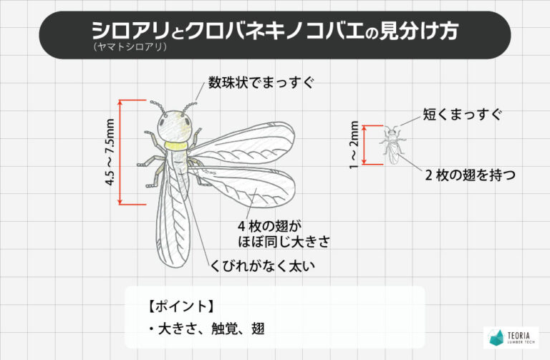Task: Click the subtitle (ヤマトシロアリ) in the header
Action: tap(130, 47)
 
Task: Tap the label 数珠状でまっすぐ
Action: tap(261, 83)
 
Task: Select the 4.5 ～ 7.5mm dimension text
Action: tap(110, 152)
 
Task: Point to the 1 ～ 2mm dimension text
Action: tap(354, 145)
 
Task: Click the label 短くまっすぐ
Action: tap(462, 115)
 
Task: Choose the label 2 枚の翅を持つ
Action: tap(471, 175)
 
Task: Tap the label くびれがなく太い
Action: tap(262, 266)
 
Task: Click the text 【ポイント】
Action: tap(180, 306)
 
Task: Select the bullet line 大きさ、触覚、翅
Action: tap(207, 329)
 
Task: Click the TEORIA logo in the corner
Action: tap(511, 337)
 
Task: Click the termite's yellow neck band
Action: tap(176, 145)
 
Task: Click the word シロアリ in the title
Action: tap(130, 31)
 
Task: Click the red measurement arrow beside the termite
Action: tap(120, 152)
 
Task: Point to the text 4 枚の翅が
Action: tap(270, 226)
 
